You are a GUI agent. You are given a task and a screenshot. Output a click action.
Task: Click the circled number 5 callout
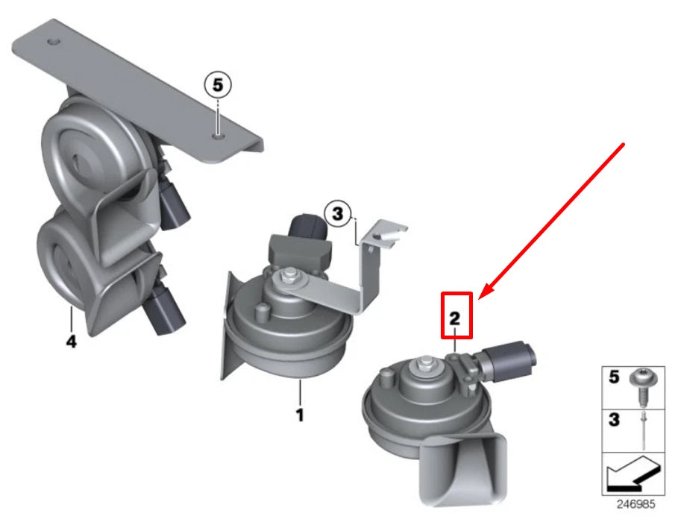coord(218,85)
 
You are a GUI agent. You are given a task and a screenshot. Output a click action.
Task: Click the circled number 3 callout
coord(337,214)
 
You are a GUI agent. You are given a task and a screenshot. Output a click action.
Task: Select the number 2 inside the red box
coord(455,318)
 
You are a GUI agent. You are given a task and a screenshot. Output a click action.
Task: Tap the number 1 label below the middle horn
coord(300,415)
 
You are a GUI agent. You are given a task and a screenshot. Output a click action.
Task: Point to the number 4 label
coord(71,342)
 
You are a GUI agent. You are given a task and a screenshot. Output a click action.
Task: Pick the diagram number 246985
coord(636,504)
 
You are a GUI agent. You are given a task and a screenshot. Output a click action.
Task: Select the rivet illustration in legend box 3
coord(643,430)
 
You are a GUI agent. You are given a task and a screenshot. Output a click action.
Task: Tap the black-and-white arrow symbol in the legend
coord(633,474)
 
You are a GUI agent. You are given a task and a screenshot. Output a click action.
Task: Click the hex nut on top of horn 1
coord(287,275)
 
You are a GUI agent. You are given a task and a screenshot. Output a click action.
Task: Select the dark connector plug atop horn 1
coord(308,226)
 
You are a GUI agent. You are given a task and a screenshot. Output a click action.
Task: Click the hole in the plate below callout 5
coord(218,136)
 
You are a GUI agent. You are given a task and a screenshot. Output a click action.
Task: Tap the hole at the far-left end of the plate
coord(54,42)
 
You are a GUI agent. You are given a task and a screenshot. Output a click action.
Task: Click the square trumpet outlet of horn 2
coord(464,471)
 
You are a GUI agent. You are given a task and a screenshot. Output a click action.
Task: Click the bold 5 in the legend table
coord(614,377)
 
